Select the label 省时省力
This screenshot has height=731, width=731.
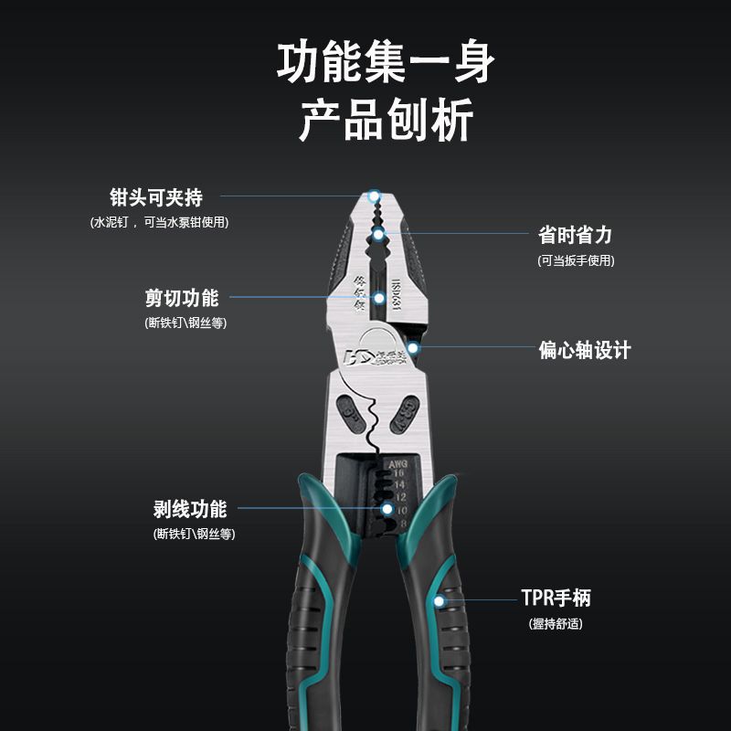pos(575,235)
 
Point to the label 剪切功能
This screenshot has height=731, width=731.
pos(182,298)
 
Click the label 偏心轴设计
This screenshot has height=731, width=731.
pos(584,350)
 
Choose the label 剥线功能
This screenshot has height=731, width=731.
pos(189,509)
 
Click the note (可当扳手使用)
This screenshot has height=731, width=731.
pos(576,260)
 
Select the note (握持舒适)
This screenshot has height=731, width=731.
pos(556,624)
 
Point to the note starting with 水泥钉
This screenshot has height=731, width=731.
pos(159,222)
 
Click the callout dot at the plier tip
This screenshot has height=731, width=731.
pos(373,196)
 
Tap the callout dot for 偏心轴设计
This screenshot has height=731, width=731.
pos(413,347)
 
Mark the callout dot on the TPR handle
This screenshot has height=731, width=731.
pos(440,600)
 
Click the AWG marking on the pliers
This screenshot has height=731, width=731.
pos(397,464)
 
